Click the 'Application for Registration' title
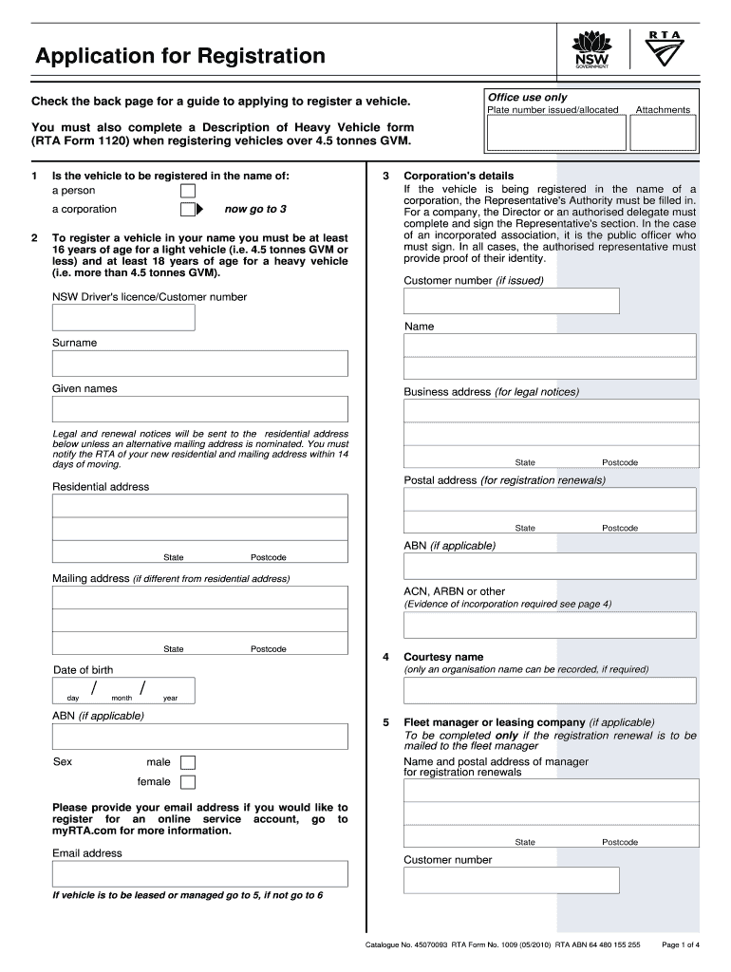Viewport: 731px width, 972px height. pyautogui.click(x=180, y=56)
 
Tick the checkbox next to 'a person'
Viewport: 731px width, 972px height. pyautogui.click(x=188, y=191)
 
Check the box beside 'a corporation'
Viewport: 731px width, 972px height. pyautogui.click(x=187, y=210)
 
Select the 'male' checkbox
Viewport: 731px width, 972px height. pyautogui.click(x=188, y=762)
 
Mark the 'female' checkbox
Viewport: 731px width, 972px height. pyautogui.click(x=188, y=782)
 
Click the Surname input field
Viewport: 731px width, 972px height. pyautogui.click(x=199, y=364)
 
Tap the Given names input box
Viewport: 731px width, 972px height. pyautogui.click(x=199, y=409)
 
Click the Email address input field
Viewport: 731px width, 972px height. pyautogui.click(x=199, y=873)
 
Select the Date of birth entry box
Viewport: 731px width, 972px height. pyautogui.click(x=123, y=690)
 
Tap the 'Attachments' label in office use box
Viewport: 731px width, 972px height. pyautogui.click(x=663, y=110)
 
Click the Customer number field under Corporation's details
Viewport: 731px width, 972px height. pyautogui.click(x=511, y=301)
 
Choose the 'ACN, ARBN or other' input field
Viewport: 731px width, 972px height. pyautogui.click(x=550, y=625)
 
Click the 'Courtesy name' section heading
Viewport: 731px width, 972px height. pyautogui.click(x=443, y=657)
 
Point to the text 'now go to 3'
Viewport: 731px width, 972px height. pyautogui.click(x=255, y=209)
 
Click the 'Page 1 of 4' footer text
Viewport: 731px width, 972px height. pyautogui.click(x=680, y=944)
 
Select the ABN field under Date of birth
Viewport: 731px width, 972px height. pyautogui.click(x=199, y=737)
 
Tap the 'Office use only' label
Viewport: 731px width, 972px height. pyautogui.click(x=527, y=98)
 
